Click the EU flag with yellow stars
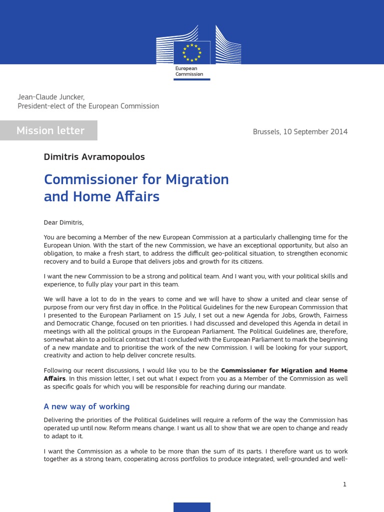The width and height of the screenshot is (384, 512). tap(192, 52)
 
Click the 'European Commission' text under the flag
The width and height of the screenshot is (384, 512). tap(189, 71)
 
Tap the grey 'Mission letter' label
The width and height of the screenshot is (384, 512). tap(50, 130)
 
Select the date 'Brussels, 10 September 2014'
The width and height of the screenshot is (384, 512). tap(300, 132)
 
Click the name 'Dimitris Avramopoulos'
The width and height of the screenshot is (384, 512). tap(94, 157)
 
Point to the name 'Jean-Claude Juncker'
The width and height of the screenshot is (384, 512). tap(47, 96)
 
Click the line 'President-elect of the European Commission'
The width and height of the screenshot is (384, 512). tap(88, 106)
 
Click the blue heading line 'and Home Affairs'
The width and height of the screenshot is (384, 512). tap(101, 196)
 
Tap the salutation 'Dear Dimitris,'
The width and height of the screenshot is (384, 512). tap(63, 222)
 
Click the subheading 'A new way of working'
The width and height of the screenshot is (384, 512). tap(86, 406)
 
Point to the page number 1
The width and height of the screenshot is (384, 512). tap(344, 484)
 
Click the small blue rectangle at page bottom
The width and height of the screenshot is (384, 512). tap(192, 507)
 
